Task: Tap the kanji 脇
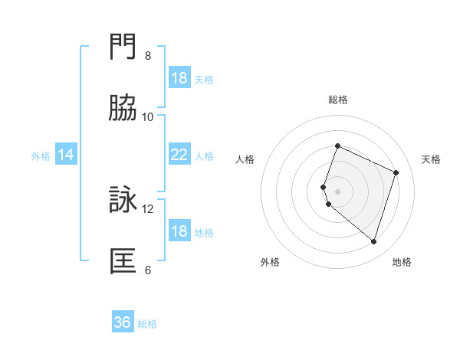point(124,109)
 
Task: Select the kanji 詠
point(124,200)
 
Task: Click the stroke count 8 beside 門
point(148,56)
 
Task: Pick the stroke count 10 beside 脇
point(148,117)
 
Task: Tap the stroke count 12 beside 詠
point(148,208)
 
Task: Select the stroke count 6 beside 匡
point(148,270)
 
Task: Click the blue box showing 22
point(179,155)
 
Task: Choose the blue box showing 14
point(67,155)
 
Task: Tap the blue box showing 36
point(123,322)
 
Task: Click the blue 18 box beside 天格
point(179,78)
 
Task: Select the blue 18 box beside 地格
point(179,231)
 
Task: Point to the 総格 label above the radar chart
point(338,100)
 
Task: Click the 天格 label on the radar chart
point(431,159)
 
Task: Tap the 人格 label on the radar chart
point(245,159)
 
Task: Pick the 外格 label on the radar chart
point(270,262)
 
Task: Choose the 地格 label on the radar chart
point(402,262)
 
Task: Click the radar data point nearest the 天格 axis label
point(396,172)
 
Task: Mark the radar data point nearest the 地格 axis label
point(373,241)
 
